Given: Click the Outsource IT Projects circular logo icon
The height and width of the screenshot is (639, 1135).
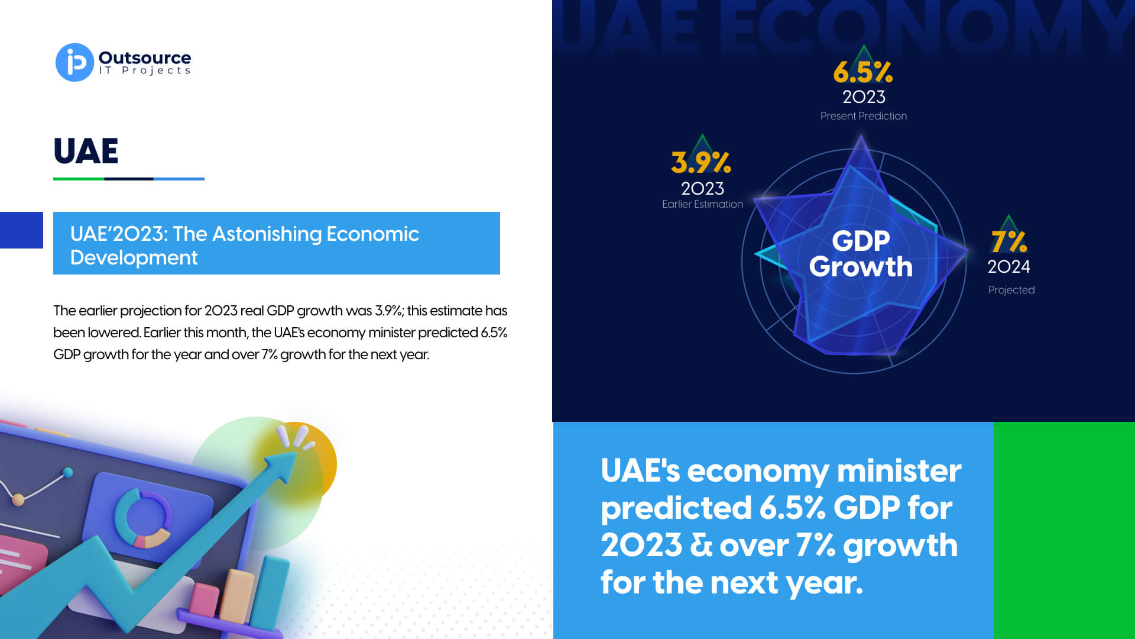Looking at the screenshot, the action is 74,62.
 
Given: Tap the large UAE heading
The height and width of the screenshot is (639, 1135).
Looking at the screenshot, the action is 86,151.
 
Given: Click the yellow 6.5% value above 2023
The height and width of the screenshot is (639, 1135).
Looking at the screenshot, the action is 863,72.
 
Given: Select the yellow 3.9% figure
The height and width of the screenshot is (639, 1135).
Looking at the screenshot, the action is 701,162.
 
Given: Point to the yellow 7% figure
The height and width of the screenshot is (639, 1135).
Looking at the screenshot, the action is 1009,241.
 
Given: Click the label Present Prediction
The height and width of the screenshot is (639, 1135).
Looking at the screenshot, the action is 863,116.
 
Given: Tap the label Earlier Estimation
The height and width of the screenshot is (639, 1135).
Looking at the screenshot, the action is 702,204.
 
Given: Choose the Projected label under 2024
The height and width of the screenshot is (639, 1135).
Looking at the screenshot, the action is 1011,290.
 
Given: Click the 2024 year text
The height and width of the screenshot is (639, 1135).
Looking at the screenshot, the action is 1008,267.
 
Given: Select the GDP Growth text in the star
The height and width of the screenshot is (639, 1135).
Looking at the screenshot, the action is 861,254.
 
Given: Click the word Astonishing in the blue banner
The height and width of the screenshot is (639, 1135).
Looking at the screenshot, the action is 267,234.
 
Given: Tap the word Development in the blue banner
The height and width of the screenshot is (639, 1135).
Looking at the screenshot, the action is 134,258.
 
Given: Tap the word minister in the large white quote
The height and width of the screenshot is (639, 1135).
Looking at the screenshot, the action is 899,471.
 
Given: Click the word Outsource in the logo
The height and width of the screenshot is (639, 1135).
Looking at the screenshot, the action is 145,57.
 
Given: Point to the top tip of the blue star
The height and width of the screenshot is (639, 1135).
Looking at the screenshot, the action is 861,135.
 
